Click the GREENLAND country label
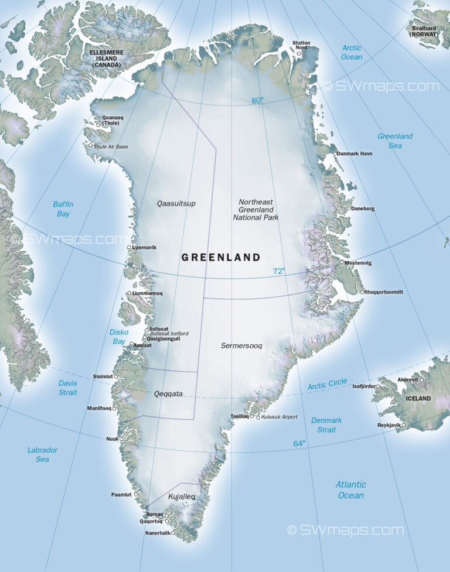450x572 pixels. click(221, 257)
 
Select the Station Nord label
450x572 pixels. click(302, 46)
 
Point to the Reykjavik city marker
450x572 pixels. click(403, 425)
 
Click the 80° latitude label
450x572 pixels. click(257, 100)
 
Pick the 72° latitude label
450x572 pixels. click(279, 271)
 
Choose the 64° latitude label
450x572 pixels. click(299, 444)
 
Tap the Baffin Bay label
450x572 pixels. click(63, 209)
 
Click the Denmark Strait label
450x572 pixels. click(326, 425)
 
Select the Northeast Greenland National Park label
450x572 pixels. click(255, 210)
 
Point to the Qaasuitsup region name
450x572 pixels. click(176, 204)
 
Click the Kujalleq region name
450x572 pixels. click(181, 497)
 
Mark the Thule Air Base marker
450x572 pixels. click(91, 146)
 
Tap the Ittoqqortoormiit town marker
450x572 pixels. click(362, 292)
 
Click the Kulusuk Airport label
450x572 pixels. click(279, 417)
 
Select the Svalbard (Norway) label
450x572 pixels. click(428, 31)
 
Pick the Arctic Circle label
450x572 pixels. click(327, 385)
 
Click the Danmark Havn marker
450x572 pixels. click(335, 154)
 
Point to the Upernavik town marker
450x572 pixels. click(129, 248)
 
